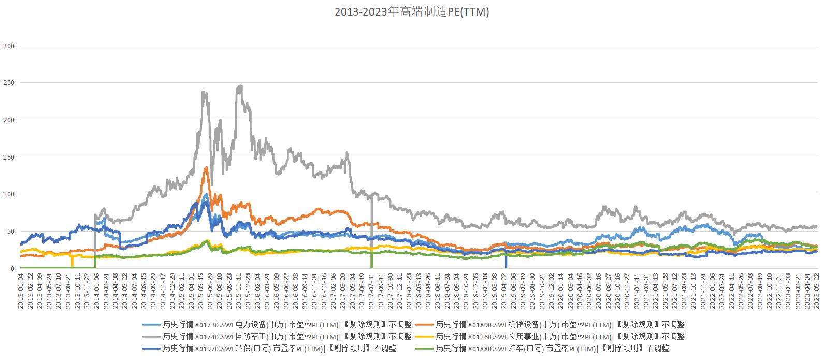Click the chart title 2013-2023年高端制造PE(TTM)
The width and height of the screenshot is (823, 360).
[411, 12]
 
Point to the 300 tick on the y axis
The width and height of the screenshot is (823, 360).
[9, 46]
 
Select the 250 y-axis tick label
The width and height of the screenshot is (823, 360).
[9, 83]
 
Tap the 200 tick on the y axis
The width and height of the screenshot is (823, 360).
[9, 120]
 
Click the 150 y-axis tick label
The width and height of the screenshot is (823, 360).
[9, 157]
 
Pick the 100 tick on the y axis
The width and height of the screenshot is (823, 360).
[9, 194]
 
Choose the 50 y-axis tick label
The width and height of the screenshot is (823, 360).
[10, 232]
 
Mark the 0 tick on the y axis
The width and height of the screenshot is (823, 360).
[12, 268]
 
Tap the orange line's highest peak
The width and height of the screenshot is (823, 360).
[206, 167]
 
